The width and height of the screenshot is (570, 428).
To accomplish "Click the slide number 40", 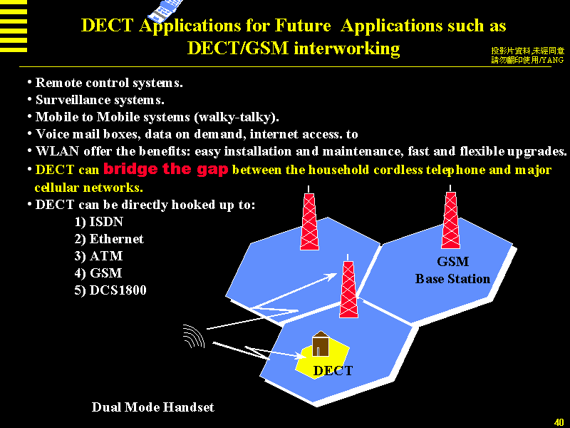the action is tap(559, 422).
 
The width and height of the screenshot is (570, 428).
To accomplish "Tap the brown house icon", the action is tap(320, 344).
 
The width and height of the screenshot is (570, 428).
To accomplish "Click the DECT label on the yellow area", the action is tap(333, 370).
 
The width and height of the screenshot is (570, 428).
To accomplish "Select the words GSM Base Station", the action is tap(452, 270).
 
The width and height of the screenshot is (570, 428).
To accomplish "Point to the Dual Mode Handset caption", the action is tap(152, 407).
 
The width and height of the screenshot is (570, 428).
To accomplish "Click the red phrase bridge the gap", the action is tap(166, 168).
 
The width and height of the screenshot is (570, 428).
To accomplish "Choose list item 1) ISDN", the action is tap(99, 222).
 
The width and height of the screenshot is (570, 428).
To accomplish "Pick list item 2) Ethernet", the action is tap(109, 239).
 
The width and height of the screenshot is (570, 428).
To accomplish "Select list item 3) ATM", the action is tap(98, 256).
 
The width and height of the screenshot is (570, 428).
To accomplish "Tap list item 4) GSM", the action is tap(98, 273).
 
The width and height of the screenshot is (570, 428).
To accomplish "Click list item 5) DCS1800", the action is tap(110, 290).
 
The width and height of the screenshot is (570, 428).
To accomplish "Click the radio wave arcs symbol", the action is tap(194, 335).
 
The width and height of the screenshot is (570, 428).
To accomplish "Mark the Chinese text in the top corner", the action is tap(527, 56).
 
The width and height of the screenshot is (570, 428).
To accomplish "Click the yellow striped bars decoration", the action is tap(14, 26).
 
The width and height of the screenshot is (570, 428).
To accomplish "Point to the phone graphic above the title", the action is tap(166, 10).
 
